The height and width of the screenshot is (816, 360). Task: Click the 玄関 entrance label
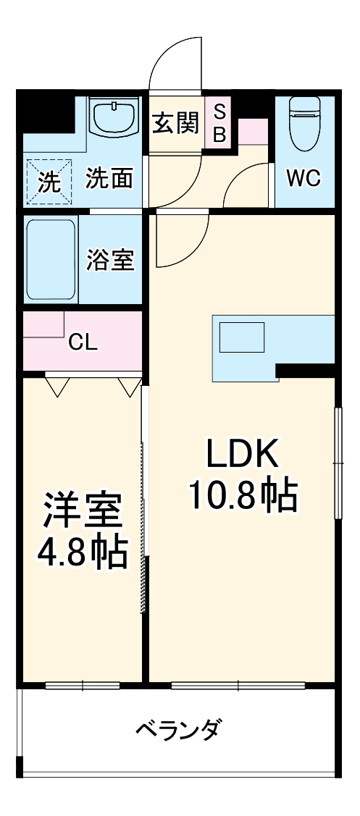point(175,124)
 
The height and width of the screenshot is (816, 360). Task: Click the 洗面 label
point(109,179)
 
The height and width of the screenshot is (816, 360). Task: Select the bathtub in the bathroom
point(51,260)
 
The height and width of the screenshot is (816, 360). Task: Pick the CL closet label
point(83,343)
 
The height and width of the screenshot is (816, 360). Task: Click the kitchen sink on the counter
point(242,337)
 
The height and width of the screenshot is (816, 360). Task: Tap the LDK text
point(242,455)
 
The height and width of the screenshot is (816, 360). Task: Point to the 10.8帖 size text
point(242,496)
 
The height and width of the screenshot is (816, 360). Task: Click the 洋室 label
point(81,511)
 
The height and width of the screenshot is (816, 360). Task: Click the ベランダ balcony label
point(178,729)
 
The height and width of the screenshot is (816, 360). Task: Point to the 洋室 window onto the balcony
point(82,684)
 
